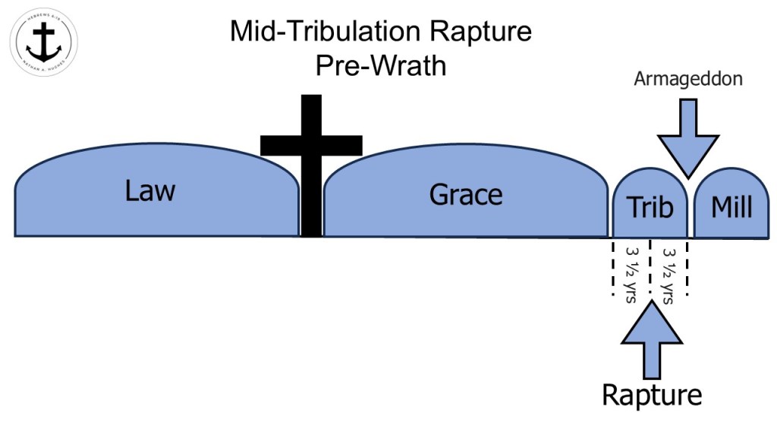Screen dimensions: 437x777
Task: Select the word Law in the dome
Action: (x=150, y=190)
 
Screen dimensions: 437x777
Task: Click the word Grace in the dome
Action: (x=466, y=195)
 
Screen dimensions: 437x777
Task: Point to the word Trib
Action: (x=650, y=207)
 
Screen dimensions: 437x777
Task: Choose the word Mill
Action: (x=731, y=207)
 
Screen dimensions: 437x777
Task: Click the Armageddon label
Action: (x=688, y=78)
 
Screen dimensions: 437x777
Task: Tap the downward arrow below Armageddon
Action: (x=687, y=137)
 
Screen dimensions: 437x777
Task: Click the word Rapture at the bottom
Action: (x=652, y=395)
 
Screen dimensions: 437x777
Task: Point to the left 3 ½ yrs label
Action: (x=631, y=273)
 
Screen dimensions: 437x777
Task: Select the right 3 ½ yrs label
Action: (x=669, y=273)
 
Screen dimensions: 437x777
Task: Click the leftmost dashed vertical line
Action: (x=612, y=266)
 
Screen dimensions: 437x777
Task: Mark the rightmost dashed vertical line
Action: (x=687, y=266)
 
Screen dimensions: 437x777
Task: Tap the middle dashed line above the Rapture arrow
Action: (x=650, y=266)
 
